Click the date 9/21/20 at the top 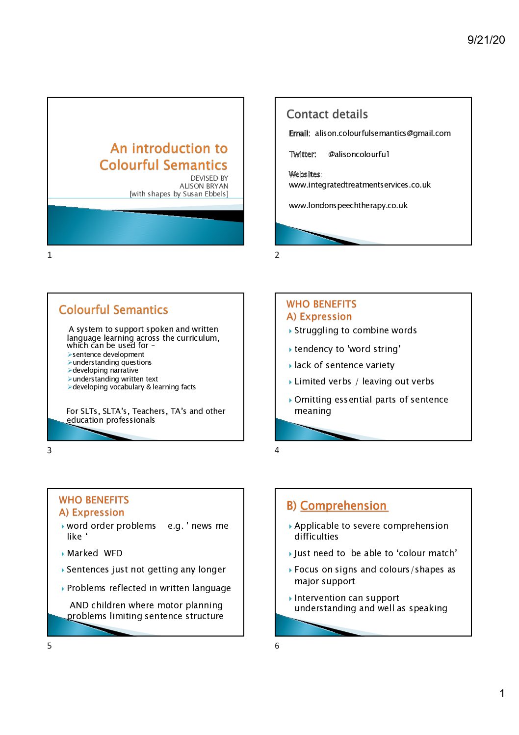coord(486,40)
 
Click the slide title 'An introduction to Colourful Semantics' coord(164,157)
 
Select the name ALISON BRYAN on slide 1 coord(204,186)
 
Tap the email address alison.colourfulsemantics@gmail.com coord(383,133)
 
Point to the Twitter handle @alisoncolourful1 coord(359,154)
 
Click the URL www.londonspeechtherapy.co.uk coord(348,205)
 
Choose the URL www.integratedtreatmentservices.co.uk coord(360,185)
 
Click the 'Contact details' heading coord(327,114)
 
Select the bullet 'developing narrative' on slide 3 coord(105,370)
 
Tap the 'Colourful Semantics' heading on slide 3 coord(113,310)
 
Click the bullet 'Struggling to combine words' coord(355,330)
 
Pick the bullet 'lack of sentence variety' coord(344,365)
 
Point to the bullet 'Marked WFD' coord(95,553)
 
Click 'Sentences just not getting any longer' coord(146,570)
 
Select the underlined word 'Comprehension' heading coord(343,506)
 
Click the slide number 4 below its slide coord(277,450)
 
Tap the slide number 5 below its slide coord(49,646)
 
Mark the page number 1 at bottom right coord(502,693)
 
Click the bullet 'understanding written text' coord(115,379)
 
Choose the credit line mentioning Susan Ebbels coord(179,194)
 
